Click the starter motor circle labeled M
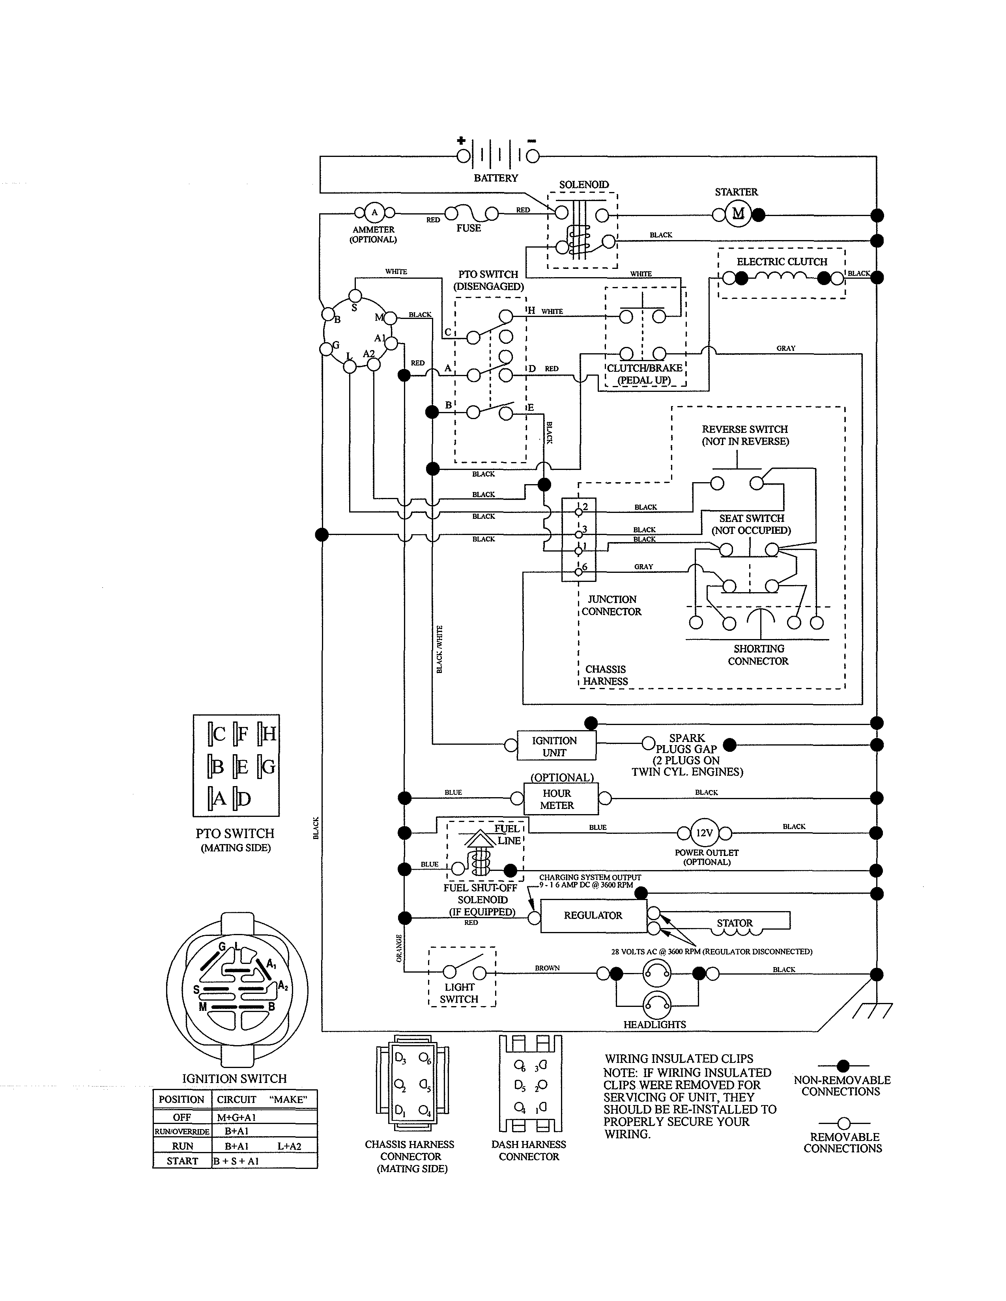tap(738, 214)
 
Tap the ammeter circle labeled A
tap(374, 212)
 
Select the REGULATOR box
tap(593, 915)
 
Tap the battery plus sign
tap(461, 141)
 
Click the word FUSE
tap(468, 228)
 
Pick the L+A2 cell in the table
tap(289, 1146)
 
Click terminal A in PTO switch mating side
tap(219, 798)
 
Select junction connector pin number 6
tap(585, 567)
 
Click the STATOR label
tap(734, 923)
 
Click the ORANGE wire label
tap(399, 948)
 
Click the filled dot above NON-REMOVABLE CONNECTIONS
tap(843, 1065)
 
